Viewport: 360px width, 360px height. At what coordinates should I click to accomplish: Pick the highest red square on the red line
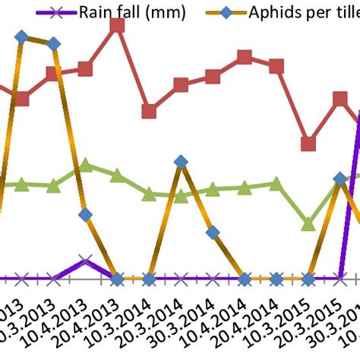coord(117,25)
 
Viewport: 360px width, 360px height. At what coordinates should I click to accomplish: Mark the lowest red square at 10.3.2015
coord(308,144)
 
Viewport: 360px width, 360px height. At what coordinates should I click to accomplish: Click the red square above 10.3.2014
coord(149,112)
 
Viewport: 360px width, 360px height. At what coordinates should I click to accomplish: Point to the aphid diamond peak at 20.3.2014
coord(181,161)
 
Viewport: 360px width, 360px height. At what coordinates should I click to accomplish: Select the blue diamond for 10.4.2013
coord(85,215)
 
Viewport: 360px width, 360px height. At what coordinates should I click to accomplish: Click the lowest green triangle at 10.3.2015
coord(308,224)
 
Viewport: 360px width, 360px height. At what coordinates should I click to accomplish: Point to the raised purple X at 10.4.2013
coord(85,261)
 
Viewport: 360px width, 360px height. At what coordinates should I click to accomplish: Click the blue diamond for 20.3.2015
coord(339,178)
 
